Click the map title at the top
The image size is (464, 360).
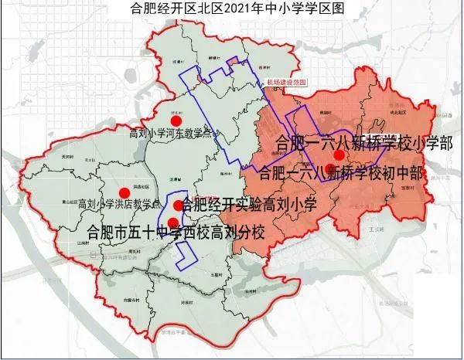pyautogui.click(x=232, y=8)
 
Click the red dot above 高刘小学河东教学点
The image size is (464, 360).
pyautogui.click(x=176, y=121)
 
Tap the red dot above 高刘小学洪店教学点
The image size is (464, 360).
pyautogui.click(x=123, y=194)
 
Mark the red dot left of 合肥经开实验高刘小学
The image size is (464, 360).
pyautogui.click(x=178, y=205)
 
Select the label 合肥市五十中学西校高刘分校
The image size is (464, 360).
pyautogui.click(x=176, y=229)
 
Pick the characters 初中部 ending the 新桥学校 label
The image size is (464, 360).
pyautogui.click(x=408, y=172)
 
